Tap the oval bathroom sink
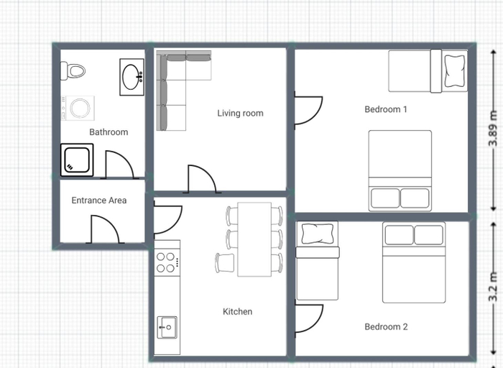[131, 77]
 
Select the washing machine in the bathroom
[78, 108]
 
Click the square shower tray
[77, 160]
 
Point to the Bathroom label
[109, 132]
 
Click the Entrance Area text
[99, 201]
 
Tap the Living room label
[240, 114]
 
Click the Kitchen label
[237, 311]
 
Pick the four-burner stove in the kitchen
[167, 262]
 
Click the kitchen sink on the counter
[167, 327]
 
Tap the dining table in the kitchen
[254, 239]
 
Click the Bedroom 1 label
[386, 109]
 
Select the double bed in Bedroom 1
[400, 170]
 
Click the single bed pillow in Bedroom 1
[455, 71]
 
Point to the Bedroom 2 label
[387, 327]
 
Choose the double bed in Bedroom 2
[414, 262]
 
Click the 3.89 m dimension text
[494, 129]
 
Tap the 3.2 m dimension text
[494, 287]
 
